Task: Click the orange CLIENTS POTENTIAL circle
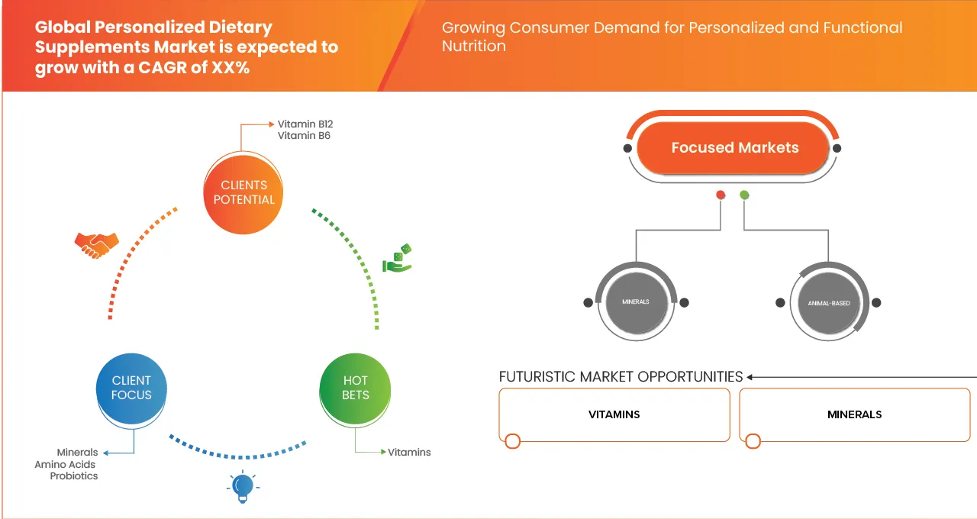click(x=243, y=192)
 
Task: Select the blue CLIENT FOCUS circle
click(x=131, y=388)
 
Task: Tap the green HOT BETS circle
click(x=355, y=388)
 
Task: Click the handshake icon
click(x=96, y=244)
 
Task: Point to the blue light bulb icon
click(x=243, y=486)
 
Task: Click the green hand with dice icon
click(x=397, y=259)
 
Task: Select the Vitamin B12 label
click(x=305, y=124)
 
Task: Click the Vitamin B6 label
click(x=304, y=136)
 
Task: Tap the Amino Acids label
click(x=66, y=464)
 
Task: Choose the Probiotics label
click(x=74, y=476)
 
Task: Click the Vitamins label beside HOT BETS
click(x=409, y=453)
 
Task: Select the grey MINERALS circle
click(x=635, y=302)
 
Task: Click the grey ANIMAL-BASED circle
click(x=829, y=303)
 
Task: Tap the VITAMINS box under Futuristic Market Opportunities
click(x=614, y=414)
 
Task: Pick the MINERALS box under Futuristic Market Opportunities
click(x=854, y=414)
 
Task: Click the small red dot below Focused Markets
click(x=720, y=195)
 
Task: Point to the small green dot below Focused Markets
click(x=744, y=195)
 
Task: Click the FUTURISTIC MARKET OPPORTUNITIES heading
click(x=621, y=377)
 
